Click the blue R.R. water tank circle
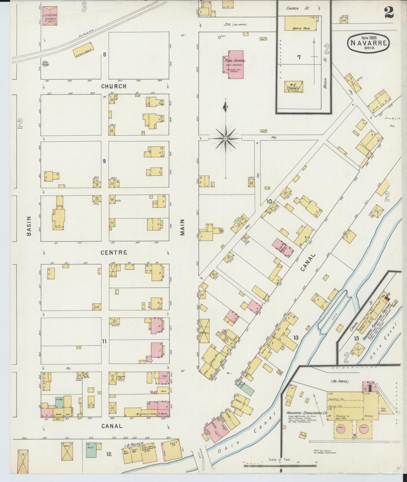tap(46, 64)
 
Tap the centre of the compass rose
tap(226, 139)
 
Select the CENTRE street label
tap(114, 253)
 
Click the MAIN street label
tap(183, 227)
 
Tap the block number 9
tap(104, 161)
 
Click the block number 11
tap(104, 341)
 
